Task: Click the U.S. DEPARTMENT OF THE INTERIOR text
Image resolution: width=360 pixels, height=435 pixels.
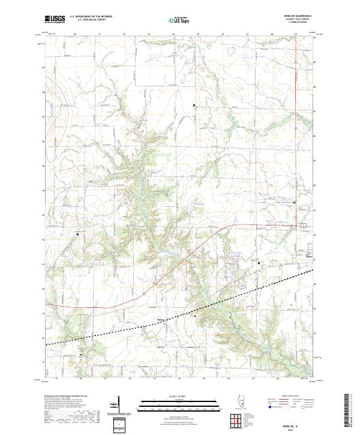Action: (x=91, y=17)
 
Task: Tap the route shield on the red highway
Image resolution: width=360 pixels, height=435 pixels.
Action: (x=304, y=224)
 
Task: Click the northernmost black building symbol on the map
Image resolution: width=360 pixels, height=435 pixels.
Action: (x=194, y=106)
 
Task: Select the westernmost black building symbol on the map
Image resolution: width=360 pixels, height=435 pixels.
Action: (x=77, y=233)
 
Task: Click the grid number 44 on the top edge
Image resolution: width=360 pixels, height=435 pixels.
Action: (x=173, y=35)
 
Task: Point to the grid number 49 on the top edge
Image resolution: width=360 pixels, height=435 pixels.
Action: (x=296, y=35)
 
